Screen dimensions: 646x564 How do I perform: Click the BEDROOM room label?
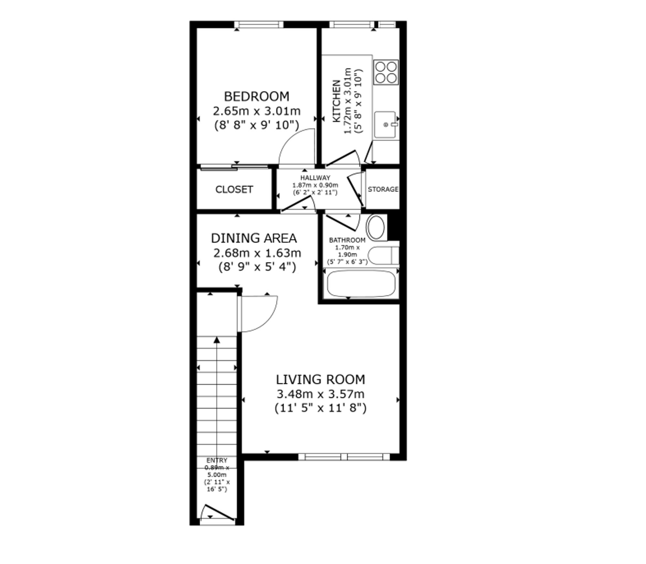[x=257, y=97]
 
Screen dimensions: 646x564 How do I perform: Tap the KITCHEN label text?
[x=337, y=101]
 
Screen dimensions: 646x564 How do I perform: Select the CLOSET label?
[x=234, y=189]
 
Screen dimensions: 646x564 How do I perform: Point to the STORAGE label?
[x=383, y=189]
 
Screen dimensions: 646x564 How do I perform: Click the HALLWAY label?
[x=315, y=178]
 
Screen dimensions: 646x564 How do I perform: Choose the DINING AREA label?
[x=254, y=238]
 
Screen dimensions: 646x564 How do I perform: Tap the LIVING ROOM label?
[x=320, y=380]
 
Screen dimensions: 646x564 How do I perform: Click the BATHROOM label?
[x=347, y=240]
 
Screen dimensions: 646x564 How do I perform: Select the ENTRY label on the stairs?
[x=217, y=460]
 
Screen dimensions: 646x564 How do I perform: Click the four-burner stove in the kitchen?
[x=386, y=72]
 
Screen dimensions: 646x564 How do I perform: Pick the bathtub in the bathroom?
[x=361, y=284]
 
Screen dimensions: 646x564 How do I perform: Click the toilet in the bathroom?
[x=383, y=256]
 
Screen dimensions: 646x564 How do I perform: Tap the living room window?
[x=344, y=456]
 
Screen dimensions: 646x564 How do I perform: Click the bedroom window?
[x=259, y=25]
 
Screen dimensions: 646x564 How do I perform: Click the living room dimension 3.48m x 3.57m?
[x=320, y=394]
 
